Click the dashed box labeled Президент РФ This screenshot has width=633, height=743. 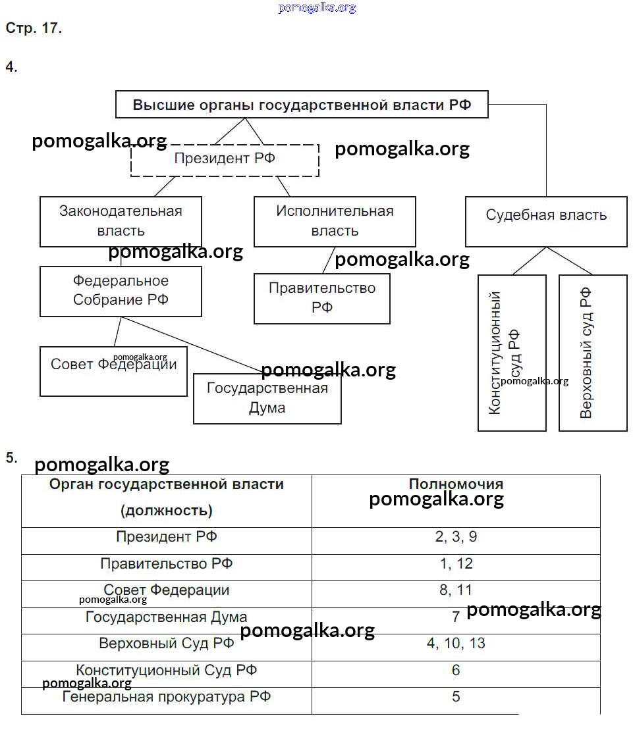(225, 159)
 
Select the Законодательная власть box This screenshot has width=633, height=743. (121, 221)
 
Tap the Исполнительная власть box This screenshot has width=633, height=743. (335, 221)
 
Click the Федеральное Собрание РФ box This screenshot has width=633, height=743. (121, 291)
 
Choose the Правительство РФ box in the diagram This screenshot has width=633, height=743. (321, 298)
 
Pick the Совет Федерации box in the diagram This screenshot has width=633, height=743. (113, 372)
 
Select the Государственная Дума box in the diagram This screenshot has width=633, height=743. (267, 398)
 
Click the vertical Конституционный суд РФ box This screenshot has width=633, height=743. (512, 353)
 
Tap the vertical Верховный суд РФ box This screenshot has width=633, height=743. (592, 353)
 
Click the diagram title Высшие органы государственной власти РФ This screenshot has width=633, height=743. (302, 105)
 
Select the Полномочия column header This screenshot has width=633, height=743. (456, 485)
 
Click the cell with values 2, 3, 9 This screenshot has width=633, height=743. (456, 537)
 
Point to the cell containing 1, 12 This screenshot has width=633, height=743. (456, 564)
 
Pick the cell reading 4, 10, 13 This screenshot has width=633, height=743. (456, 644)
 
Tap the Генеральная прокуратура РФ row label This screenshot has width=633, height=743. (167, 697)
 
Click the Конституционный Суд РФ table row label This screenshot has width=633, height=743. (167, 671)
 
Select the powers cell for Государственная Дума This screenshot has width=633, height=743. (456, 617)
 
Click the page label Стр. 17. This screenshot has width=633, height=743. (34, 28)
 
